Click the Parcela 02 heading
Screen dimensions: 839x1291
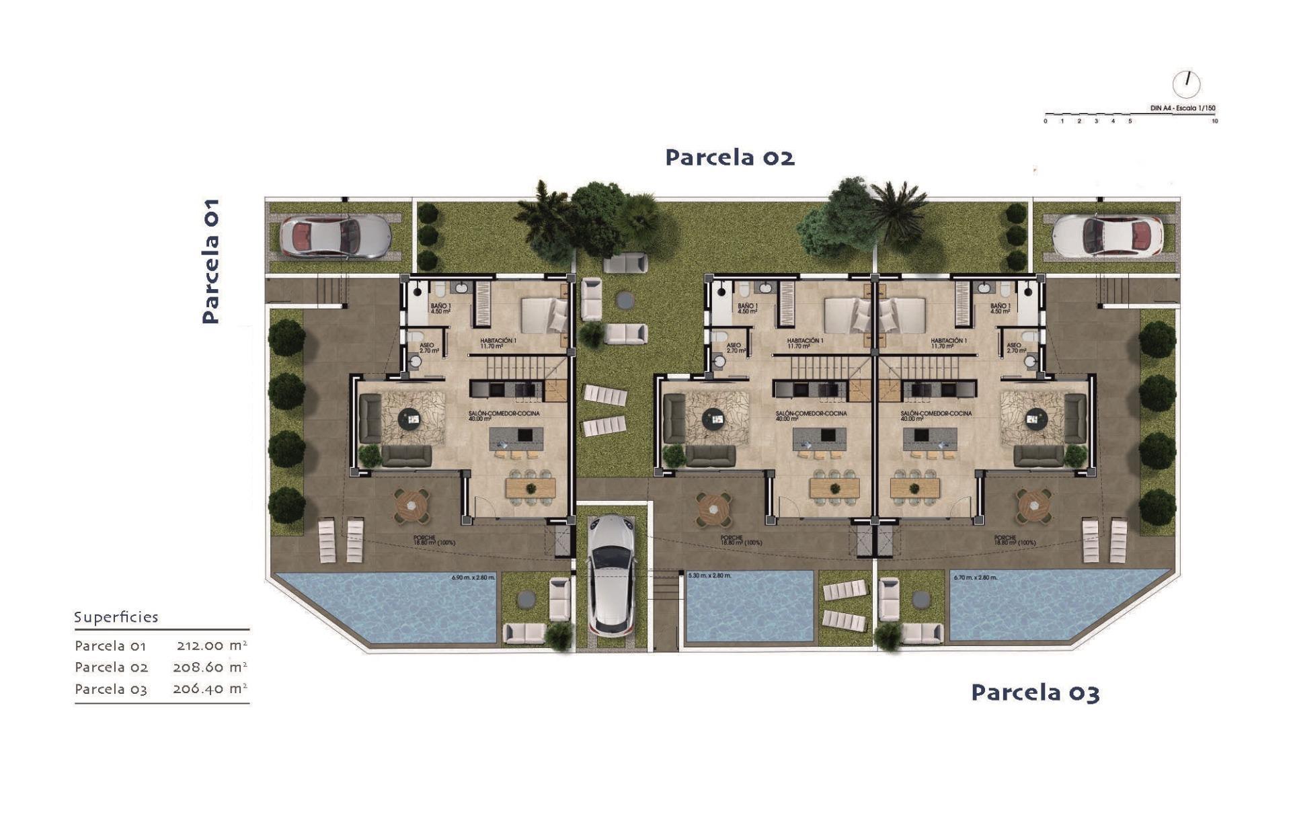[x=730, y=157]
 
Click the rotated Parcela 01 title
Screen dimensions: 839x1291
[x=210, y=261]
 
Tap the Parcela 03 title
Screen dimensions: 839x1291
[x=1035, y=692]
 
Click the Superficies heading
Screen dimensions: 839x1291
[x=116, y=617]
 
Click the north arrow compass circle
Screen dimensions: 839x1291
[x=1186, y=85]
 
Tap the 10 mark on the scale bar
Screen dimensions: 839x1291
[x=1214, y=122]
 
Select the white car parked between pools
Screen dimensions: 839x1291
[x=612, y=575]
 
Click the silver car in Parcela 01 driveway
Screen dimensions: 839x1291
[x=335, y=236]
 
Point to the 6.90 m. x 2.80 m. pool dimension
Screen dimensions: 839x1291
[x=473, y=577]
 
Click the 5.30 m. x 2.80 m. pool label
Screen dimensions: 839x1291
[x=710, y=575]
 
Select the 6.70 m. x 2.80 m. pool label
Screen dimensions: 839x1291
[x=975, y=577]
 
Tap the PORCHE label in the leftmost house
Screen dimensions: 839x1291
[x=425, y=538]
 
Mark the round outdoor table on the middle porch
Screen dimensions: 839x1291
[x=713, y=508]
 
